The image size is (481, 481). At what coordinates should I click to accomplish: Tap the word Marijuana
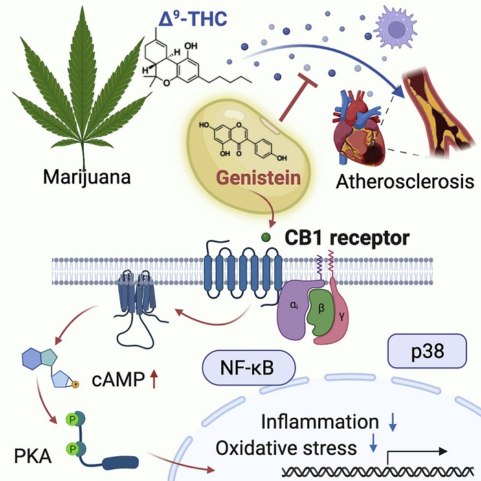coord(87,177)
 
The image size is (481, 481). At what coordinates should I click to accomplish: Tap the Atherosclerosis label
coord(405,182)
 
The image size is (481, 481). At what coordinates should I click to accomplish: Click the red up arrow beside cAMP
coord(155,377)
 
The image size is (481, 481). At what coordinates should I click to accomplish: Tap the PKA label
coord(32,454)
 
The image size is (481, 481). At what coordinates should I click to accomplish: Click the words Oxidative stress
coord(287,449)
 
